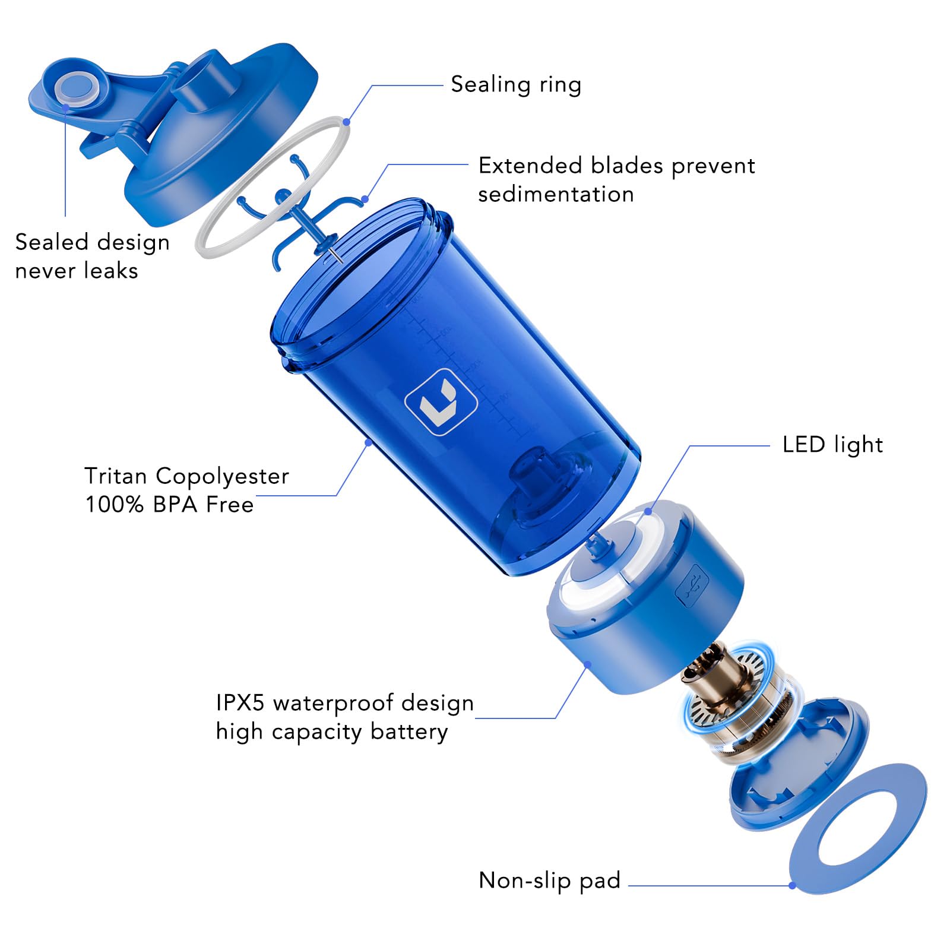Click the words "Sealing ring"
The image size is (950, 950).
pos(515,85)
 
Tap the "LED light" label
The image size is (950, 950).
pos(832,445)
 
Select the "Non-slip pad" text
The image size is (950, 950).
pos(549,880)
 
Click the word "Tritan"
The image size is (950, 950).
pos(116,476)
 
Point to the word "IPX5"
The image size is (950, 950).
pos(240,703)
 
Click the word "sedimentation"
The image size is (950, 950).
pos(556,195)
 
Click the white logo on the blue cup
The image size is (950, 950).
pos(441,402)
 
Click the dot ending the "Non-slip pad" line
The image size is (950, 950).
pos(792,885)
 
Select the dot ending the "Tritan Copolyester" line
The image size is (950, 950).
pos(368,442)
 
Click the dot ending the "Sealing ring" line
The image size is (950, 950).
pos(346,122)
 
